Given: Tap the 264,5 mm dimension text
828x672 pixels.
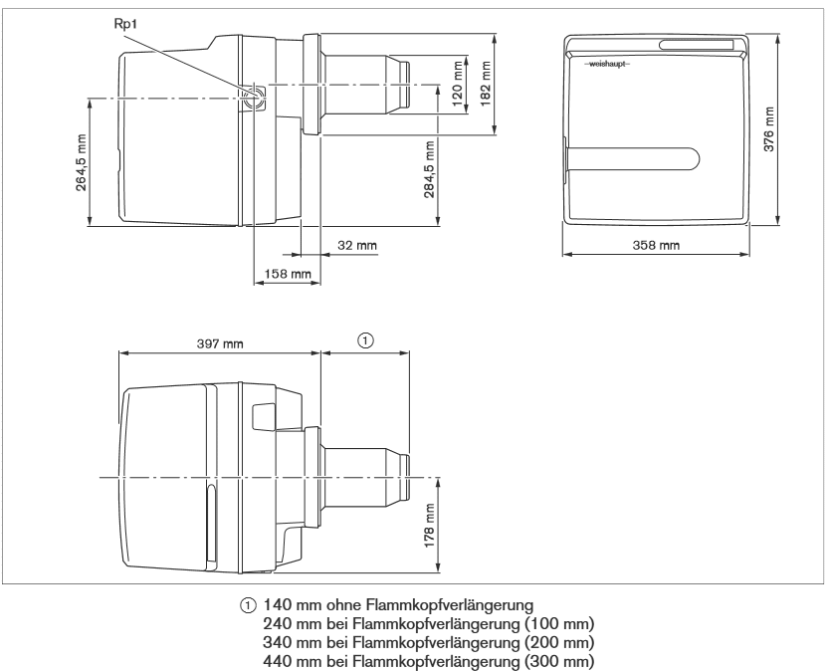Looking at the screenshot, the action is point(81,162).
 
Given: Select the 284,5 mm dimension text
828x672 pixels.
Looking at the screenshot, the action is point(429,169).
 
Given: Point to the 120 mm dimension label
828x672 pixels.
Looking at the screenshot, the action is point(458,83).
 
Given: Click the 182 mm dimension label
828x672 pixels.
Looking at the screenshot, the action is point(486,84).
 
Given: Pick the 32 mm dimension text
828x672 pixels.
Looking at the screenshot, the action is point(357,245).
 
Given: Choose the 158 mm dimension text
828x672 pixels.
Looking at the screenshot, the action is point(288,274).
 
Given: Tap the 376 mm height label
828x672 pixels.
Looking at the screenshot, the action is point(769,129).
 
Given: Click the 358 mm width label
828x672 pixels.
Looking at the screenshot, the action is point(656,245).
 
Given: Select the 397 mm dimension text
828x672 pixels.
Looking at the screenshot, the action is point(220,343).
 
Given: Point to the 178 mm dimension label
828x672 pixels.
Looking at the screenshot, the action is point(429,525).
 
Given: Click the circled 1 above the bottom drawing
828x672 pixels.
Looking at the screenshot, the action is point(365,340).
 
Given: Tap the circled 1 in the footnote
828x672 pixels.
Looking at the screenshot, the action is point(248,605).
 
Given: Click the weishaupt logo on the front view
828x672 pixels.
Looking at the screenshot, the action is point(607,64).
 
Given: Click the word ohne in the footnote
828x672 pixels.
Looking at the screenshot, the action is point(344,604).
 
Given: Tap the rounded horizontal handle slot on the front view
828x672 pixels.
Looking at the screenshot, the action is point(633,159).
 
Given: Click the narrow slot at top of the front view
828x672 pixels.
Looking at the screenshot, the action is point(697,45).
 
